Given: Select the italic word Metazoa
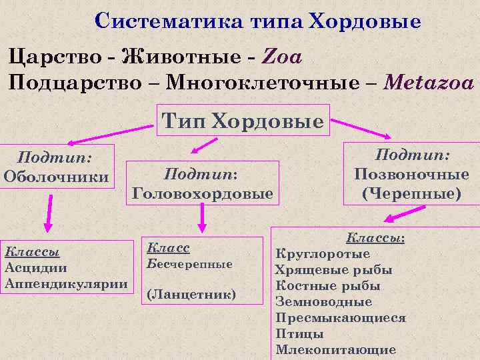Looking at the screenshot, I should (x=429, y=83).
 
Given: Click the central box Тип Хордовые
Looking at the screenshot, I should (x=243, y=121).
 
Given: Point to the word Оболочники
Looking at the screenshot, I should (x=56, y=177).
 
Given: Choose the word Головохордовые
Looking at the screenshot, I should (x=203, y=193).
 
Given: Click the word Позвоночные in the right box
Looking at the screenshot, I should (x=411, y=175).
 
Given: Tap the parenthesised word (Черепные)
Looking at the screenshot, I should (x=411, y=193).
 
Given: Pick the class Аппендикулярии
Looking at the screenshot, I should (x=66, y=283).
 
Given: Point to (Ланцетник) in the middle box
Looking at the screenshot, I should (x=191, y=293).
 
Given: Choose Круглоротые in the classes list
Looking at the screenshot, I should (x=323, y=254).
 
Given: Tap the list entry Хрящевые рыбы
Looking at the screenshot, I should (x=333, y=270).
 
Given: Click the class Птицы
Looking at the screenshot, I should (x=299, y=334).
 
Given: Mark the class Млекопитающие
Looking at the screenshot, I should (x=335, y=349).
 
